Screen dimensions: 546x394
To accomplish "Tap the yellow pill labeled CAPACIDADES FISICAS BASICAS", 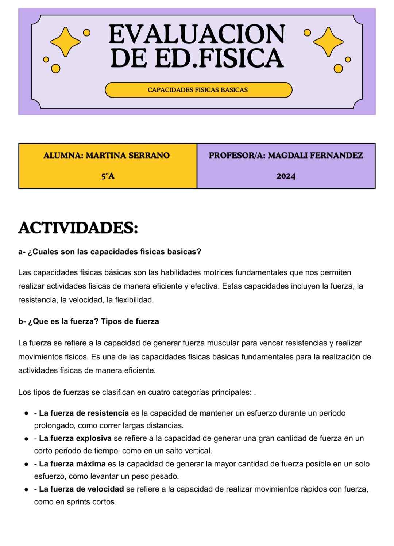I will click(x=198, y=90).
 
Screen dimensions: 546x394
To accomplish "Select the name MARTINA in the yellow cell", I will click(x=106, y=156).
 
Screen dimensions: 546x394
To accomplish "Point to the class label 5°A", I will click(x=108, y=176).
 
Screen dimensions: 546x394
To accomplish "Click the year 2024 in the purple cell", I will click(x=286, y=176).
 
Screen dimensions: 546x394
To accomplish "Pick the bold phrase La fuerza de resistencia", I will click(x=84, y=413).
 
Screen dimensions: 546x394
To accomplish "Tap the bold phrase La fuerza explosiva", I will click(x=75, y=438).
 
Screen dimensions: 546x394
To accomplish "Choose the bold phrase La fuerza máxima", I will click(x=72, y=464).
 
